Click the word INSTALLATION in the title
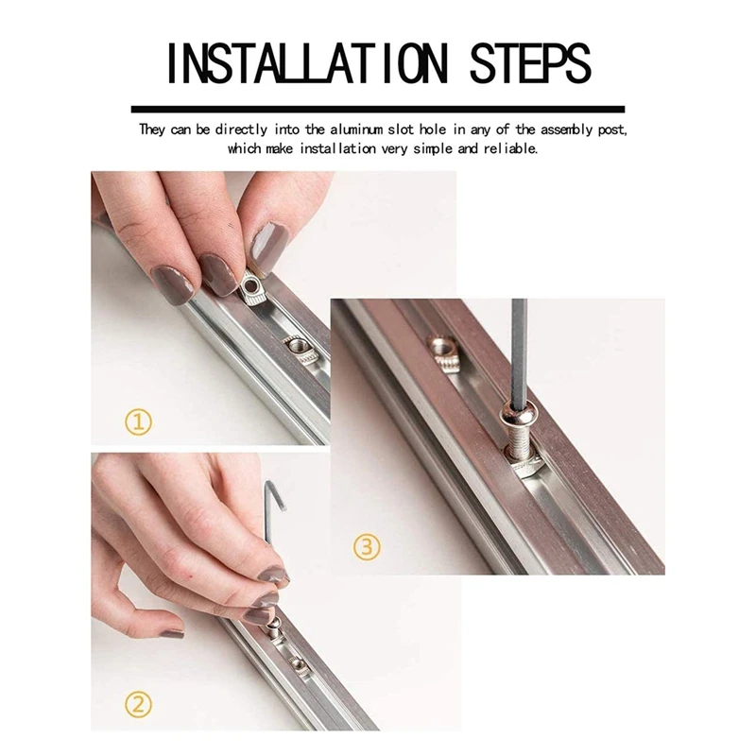click(x=307, y=64)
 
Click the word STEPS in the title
click(x=530, y=64)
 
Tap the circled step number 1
click(x=138, y=422)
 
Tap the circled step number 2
click(x=138, y=705)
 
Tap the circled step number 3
click(x=367, y=547)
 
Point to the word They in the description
click(x=152, y=130)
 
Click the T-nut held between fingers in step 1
click(x=252, y=289)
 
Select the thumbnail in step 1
click(x=268, y=244)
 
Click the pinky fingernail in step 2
click(x=172, y=633)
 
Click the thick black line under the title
click(x=378, y=110)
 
